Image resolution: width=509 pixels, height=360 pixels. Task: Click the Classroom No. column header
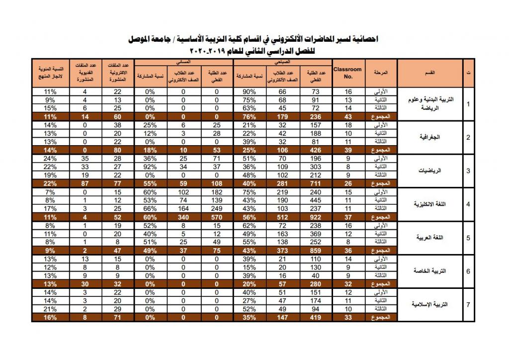(348, 73)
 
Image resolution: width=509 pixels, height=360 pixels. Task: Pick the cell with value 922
(316, 216)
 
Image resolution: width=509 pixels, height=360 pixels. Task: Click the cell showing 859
(316, 250)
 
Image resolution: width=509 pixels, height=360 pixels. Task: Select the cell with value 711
(316, 183)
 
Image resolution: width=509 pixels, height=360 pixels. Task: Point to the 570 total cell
(217, 216)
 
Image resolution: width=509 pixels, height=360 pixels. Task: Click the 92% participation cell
(150, 167)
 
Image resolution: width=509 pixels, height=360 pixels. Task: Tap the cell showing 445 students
(316, 200)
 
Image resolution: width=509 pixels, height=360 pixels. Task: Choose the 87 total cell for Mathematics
(85, 183)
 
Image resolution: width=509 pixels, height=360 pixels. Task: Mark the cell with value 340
(183, 216)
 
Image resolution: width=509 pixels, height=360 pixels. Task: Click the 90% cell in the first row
(250, 92)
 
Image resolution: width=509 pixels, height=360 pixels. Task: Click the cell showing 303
(316, 167)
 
